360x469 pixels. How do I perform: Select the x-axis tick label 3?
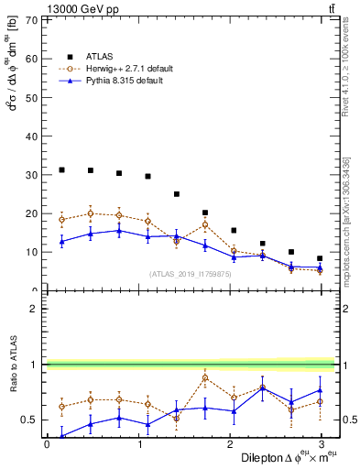[322, 445]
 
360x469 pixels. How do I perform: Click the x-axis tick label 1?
[138, 445]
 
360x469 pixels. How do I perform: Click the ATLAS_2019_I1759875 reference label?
[191, 273]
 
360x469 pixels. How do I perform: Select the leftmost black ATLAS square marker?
[61, 169]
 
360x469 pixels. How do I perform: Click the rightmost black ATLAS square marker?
[320, 258]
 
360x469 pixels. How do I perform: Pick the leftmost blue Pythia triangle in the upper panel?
[61, 241]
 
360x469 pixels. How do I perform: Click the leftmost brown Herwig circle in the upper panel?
[61, 219]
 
